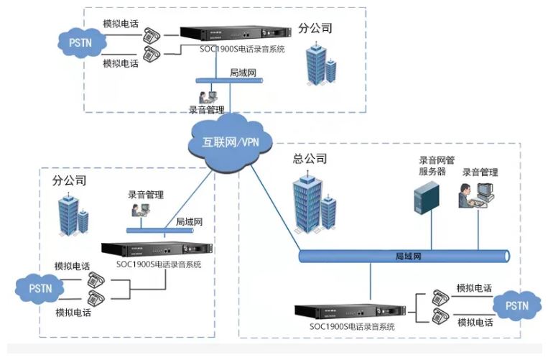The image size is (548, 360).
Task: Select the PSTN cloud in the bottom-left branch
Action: click(39, 288)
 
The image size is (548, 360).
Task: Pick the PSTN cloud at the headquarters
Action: click(516, 305)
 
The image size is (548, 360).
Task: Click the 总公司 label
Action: click(310, 159)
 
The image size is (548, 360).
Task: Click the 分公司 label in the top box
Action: click(315, 29)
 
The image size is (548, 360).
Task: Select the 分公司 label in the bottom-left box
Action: click(70, 180)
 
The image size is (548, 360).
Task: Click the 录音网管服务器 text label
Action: click(432, 166)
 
